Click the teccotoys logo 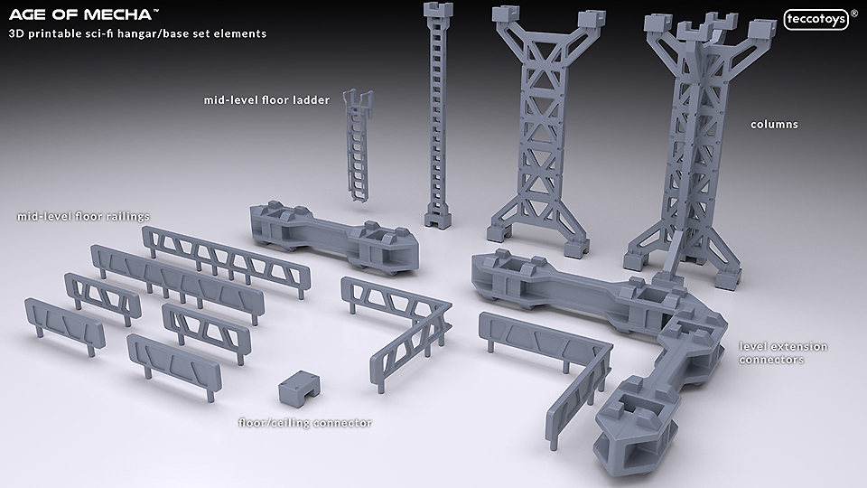point(816,19)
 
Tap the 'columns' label point(774,125)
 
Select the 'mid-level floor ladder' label point(266,100)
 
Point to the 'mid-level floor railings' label point(83,216)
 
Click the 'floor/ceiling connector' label point(304,423)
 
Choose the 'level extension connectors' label point(783,353)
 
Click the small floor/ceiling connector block point(299,389)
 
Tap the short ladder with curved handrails point(359,145)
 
